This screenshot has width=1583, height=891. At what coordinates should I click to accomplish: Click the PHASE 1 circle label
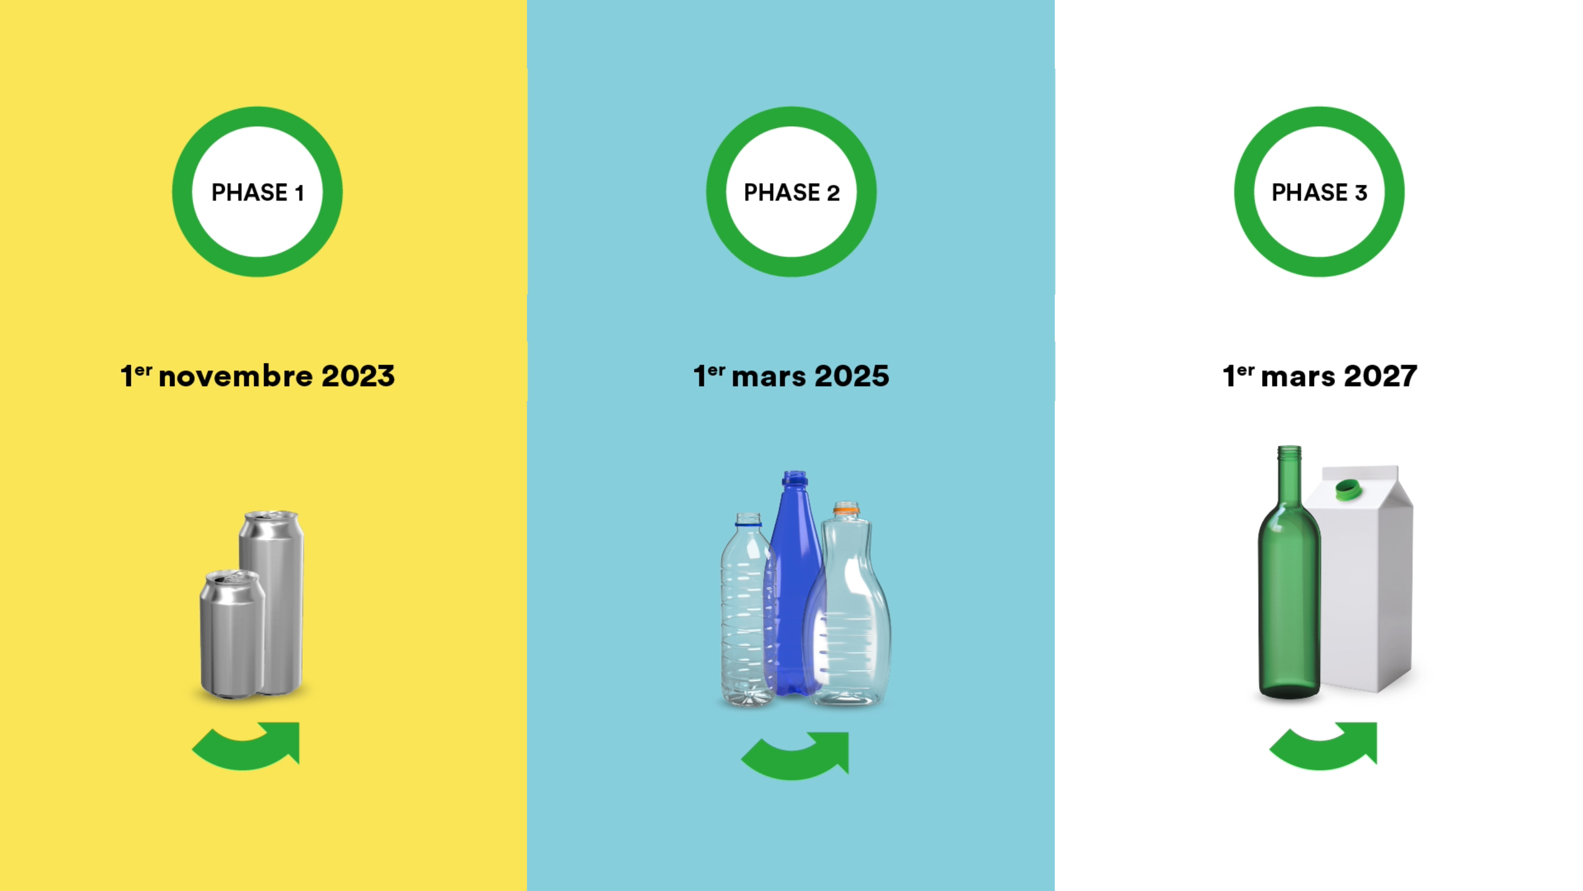(257, 192)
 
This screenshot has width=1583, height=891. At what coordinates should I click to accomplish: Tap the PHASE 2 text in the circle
(791, 192)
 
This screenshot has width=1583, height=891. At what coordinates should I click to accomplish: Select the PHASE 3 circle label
(1319, 192)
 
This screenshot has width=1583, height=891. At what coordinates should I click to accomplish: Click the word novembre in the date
(236, 376)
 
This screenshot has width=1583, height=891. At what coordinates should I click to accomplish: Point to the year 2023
(358, 376)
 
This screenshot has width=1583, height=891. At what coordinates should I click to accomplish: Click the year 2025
(852, 376)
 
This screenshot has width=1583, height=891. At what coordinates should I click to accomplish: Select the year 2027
(1380, 376)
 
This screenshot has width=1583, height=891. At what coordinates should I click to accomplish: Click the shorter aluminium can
(231, 634)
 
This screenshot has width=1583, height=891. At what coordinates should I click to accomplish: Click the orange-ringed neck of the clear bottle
(846, 511)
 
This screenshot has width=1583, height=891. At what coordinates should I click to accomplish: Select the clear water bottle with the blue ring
(748, 609)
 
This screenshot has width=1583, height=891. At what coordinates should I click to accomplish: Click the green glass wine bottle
(1289, 572)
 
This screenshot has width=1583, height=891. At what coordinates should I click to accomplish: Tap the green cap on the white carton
(1348, 489)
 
